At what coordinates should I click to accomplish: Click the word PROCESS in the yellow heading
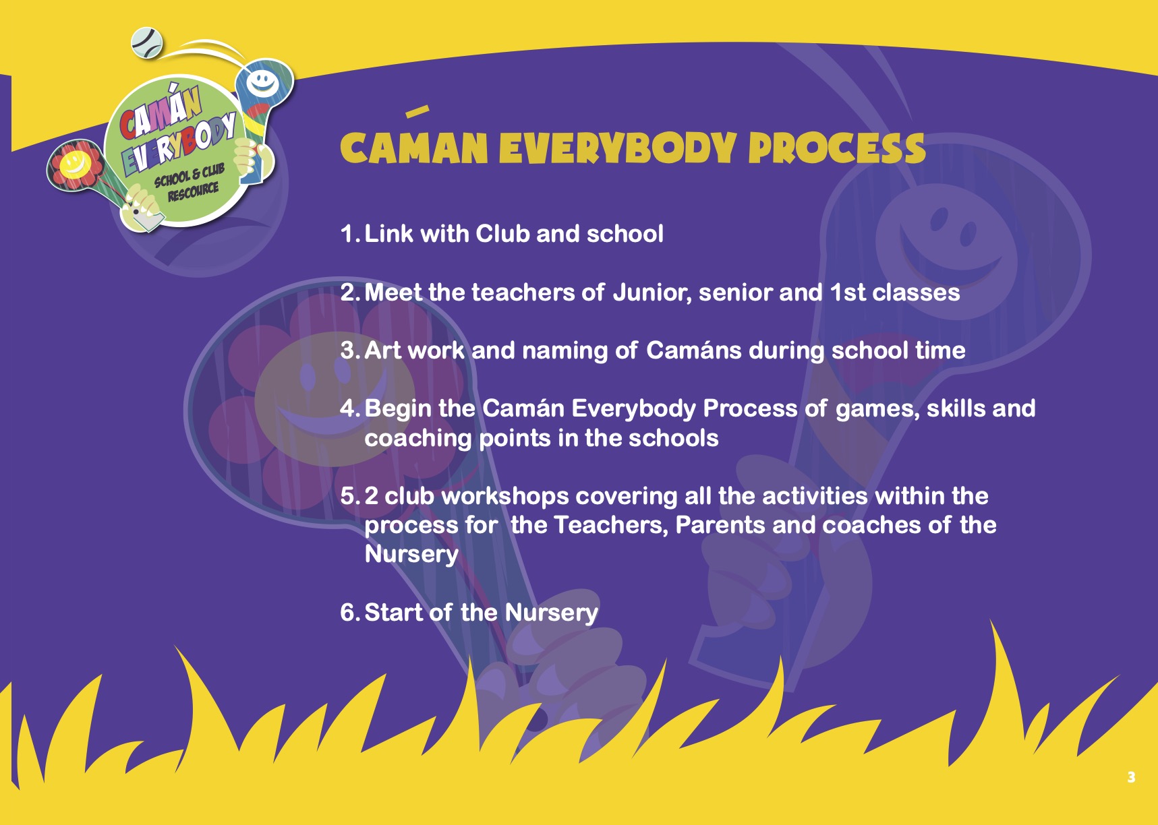pos(837,148)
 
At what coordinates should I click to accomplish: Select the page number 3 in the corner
pos(1131,777)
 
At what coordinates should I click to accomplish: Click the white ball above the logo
pos(147,42)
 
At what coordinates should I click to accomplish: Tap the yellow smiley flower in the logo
pos(74,162)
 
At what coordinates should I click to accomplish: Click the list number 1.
pos(348,234)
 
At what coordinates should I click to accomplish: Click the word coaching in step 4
pos(418,439)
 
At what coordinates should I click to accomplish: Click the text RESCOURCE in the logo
pos(194,193)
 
